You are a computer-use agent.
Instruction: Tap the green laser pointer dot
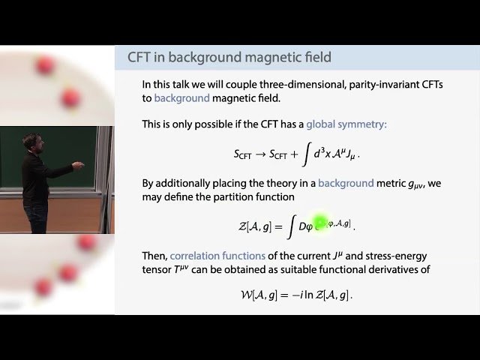pos(321,222)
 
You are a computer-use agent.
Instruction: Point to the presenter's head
pos(31,142)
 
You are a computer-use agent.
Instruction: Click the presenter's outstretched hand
pos(77,164)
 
